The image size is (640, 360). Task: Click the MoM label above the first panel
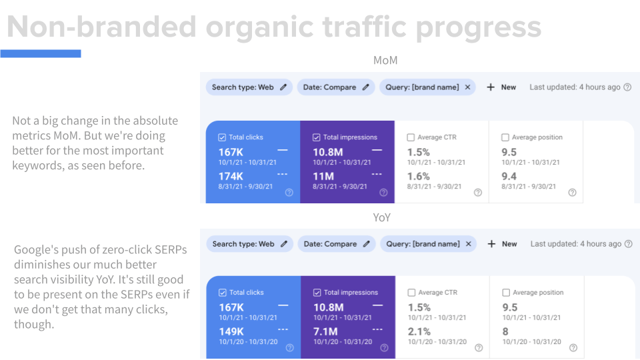pyautogui.click(x=385, y=61)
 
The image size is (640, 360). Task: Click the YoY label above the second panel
pyautogui.click(x=382, y=217)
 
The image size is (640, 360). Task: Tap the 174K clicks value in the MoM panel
pyautogui.click(x=231, y=176)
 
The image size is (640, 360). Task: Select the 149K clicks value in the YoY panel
pyautogui.click(x=231, y=331)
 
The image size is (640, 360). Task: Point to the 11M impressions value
pyautogui.click(x=324, y=176)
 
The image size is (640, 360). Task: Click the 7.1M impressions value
pyautogui.click(x=326, y=331)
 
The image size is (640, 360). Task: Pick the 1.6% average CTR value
pyautogui.click(x=419, y=176)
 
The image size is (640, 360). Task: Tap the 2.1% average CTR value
pyautogui.click(x=419, y=331)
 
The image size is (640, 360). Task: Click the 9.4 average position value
pyautogui.click(x=509, y=176)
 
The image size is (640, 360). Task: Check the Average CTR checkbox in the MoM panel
pyautogui.click(x=411, y=137)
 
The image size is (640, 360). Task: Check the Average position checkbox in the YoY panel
pyautogui.click(x=505, y=293)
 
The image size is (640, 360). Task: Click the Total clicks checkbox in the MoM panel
pyautogui.click(x=222, y=137)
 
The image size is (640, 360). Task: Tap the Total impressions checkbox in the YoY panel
pyautogui.click(x=317, y=293)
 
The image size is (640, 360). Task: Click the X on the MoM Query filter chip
pyautogui.click(x=467, y=87)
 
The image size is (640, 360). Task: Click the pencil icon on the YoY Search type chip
pyautogui.click(x=284, y=244)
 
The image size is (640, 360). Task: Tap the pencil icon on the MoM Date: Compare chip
pyautogui.click(x=366, y=87)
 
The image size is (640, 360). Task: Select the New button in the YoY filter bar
pyautogui.click(x=502, y=244)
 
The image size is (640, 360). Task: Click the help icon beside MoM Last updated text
pyautogui.click(x=627, y=87)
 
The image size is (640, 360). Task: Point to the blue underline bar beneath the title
pyautogui.click(x=41, y=53)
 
